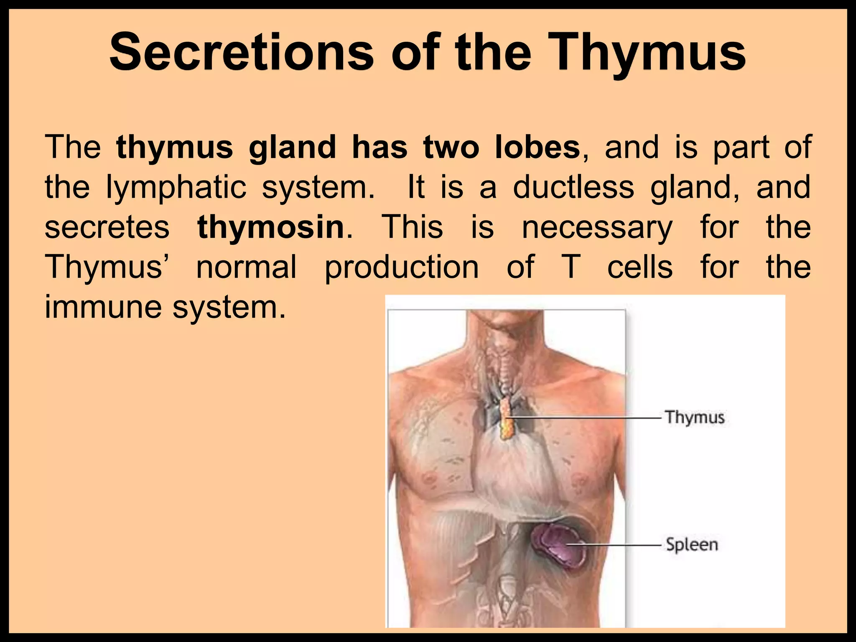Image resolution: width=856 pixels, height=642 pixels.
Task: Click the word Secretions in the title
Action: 242,52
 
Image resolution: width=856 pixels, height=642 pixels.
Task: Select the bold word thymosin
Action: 271,227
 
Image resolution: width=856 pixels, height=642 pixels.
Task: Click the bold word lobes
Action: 538,147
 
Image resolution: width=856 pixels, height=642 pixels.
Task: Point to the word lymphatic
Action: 176,188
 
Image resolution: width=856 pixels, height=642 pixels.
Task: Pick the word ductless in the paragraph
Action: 573,187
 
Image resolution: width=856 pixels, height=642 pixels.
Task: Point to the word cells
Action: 640,267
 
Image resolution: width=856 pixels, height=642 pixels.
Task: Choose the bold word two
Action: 451,147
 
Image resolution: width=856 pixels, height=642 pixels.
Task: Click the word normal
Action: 247,267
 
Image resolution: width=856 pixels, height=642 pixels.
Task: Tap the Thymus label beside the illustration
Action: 695,417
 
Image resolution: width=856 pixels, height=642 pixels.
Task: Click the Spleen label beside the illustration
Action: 692,545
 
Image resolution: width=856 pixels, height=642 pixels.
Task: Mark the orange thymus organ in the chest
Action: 506,418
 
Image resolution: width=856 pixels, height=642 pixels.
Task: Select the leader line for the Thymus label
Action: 585,417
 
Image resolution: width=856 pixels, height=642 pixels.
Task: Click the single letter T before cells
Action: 571,267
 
